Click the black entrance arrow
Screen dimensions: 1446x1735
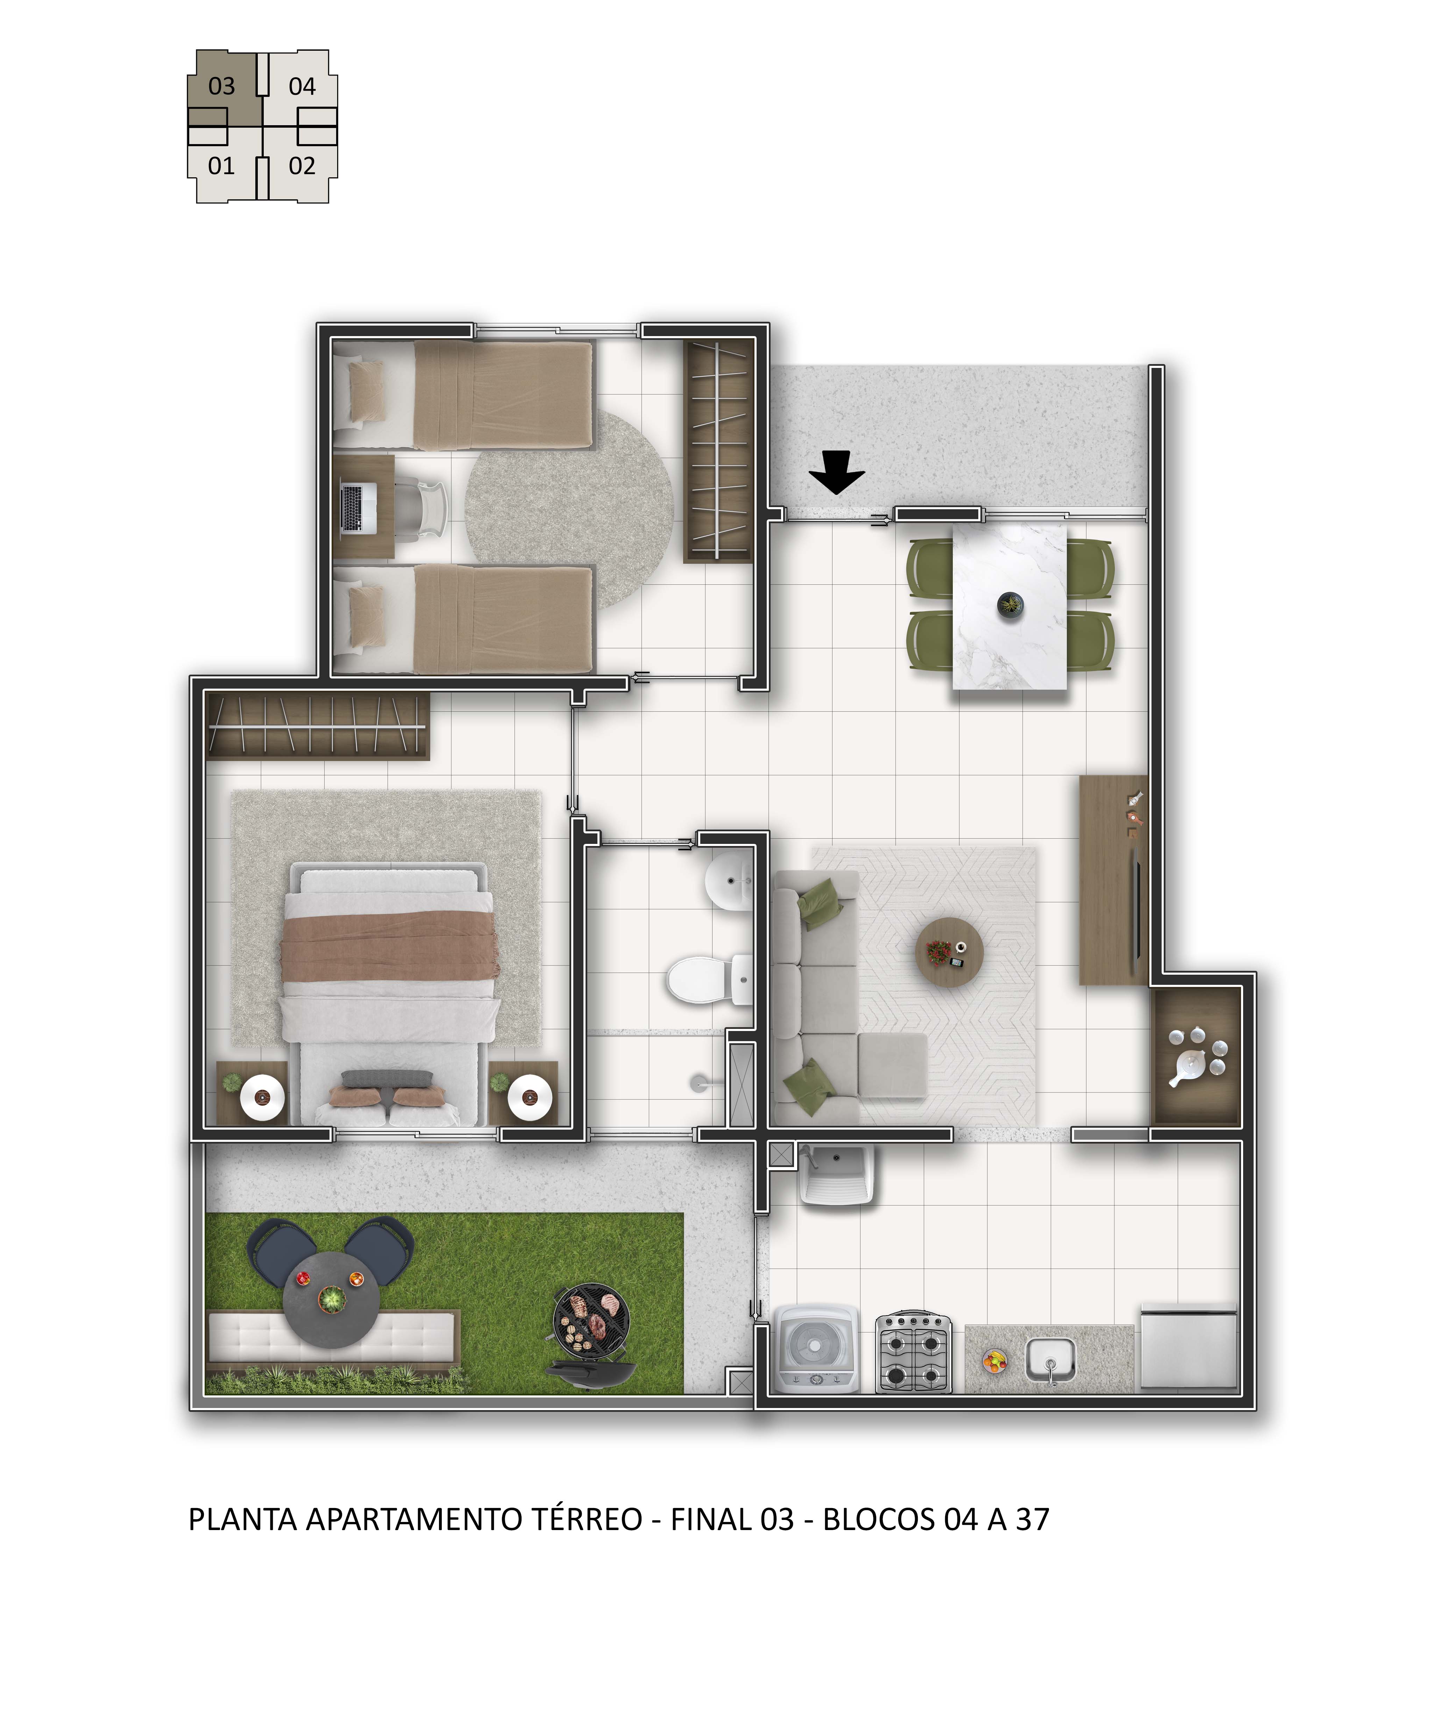837,472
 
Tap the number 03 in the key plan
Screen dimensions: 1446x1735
221,86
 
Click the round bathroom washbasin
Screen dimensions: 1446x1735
729,881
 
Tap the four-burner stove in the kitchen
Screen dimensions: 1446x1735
913,1352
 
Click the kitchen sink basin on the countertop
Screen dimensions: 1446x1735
1050,1360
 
